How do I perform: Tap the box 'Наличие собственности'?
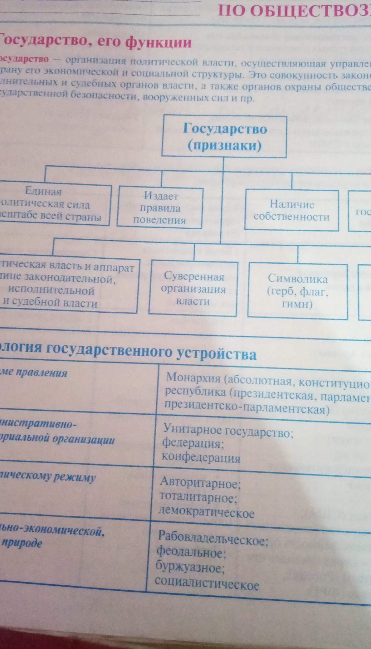(x=291, y=211)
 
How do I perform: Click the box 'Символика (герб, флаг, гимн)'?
(x=297, y=291)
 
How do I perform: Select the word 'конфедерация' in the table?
(x=201, y=458)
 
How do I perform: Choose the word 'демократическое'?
(x=207, y=513)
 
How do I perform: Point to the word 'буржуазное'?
(x=190, y=568)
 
